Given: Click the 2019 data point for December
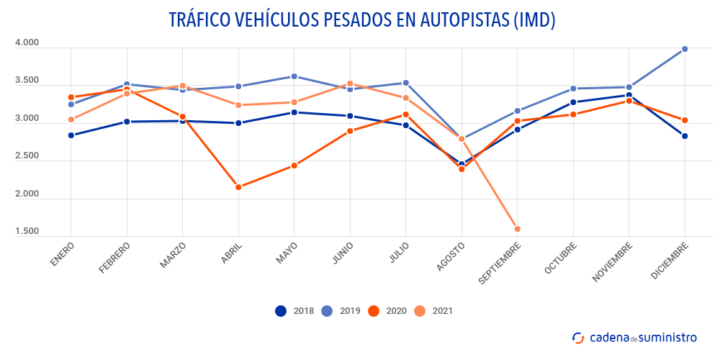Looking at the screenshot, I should tap(685, 49).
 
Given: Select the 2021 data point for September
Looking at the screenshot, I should tap(518, 229).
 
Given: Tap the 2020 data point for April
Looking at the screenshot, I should tap(238, 187).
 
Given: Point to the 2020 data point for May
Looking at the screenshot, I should tap(294, 166).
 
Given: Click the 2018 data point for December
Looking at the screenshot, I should tap(685, 136).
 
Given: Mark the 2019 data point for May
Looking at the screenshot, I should tap(294, 76).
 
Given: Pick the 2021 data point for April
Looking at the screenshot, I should tap(238, 105).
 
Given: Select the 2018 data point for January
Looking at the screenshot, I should tap(71, 135).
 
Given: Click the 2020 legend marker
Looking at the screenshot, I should tap(374, 311).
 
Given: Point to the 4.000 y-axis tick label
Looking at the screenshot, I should tap(27, 43).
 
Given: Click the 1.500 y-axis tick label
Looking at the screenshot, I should tap(27, 231).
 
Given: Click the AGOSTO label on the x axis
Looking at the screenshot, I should tap(451, 256).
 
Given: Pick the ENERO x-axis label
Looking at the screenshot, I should tap(62, 254).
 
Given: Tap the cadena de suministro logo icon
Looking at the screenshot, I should tap(578, 337).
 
